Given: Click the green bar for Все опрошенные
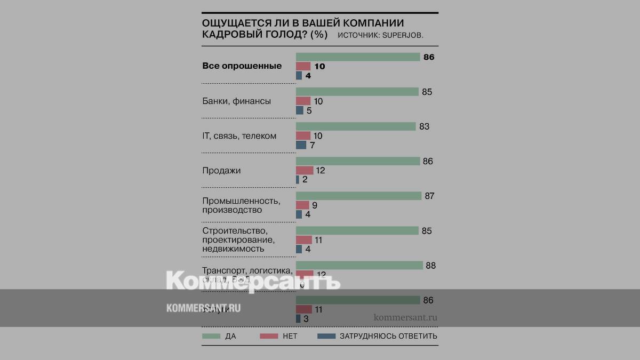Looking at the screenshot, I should pyautogui.click(x=358, y=57).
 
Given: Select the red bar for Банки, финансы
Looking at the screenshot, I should pyautogui.click(x=303, y=101).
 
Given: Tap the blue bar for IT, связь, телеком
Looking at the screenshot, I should pyautogui.click(x=301, y=145).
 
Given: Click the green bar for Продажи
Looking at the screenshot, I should pyautogui.click(x=358, y=162).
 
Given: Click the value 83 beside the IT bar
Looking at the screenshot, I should pyautogui.click(x=425, y=127).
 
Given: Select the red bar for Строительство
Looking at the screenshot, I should pyautogui.click(x=303, y=240).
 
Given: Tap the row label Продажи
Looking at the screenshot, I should pyautogui.click(x=221, y=171).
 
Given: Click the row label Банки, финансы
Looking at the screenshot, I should pyautogui.click(x=236, y=101).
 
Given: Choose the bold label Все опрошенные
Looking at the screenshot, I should pyautogui.click(x=242, y=66).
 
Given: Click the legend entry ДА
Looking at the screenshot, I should pyautogui.click(x=230, y=337).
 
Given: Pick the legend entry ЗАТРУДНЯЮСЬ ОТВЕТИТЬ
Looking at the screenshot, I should pyautogui.click(x=388, y=337).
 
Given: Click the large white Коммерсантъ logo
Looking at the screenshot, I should pyautogui.click(x=253, y=281).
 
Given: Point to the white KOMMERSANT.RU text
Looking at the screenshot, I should pyautogui.click(x=203, y=308).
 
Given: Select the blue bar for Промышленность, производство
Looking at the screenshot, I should pyautogui.click(x=299, y=214).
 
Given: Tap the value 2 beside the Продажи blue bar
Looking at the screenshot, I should pyautogui.click(x=305, y=180).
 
